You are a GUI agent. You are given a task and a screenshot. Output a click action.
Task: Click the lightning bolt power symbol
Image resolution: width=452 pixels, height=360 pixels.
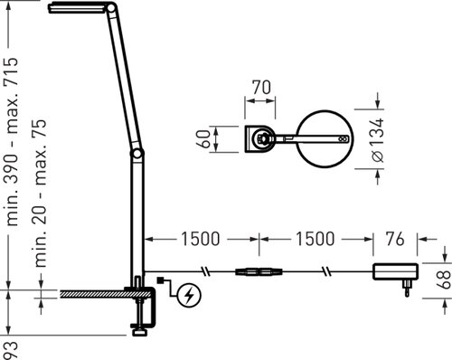pyautogui.click(x=189, y=296)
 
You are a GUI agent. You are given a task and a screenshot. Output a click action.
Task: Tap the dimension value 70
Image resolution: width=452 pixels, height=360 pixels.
pyautogui.click(x=261, y=88)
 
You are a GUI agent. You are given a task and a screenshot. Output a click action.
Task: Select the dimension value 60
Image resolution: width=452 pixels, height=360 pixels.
pyautogui.click(x=204, y=139)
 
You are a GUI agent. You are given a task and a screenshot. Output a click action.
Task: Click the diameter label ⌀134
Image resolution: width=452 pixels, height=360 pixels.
pyautogui.click(x=378, y=140)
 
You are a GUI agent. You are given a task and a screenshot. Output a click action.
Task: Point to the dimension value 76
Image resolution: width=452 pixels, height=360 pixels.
pyautogui.click(x=395, y=239)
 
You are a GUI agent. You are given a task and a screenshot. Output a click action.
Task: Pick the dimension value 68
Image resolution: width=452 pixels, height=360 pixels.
pyautogui.click(x=444, y=280)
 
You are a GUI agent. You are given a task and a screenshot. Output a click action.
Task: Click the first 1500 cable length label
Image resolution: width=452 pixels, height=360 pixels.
pyautogui.click(x=201, y=239)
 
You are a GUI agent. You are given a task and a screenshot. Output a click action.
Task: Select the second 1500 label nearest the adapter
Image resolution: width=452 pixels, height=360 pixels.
pyautogui.click(x=315, y=239)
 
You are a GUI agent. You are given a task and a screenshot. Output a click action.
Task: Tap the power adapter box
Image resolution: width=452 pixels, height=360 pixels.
pyautogui.click(x=396, y=271)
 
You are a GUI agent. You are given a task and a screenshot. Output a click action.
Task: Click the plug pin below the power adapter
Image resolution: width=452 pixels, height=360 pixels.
pyautogui.click(x=407, y=289)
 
